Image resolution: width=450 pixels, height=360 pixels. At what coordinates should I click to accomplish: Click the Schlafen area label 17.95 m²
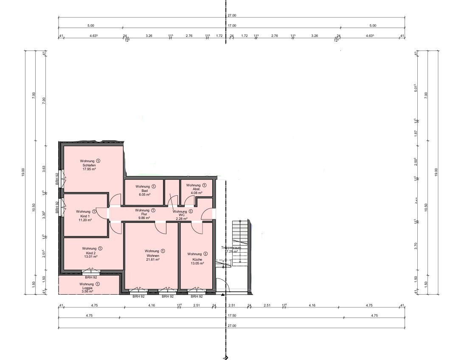(89, 169)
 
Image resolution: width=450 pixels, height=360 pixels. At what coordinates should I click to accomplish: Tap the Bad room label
(145, 191)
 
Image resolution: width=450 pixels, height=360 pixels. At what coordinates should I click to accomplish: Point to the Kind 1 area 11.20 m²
(83, 220)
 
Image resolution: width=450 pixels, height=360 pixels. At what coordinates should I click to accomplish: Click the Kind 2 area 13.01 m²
(91, 257)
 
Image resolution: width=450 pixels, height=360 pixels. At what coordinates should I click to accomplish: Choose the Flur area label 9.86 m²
(145, 218)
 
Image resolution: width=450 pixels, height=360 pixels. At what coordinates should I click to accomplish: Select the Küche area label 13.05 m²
(197, 263)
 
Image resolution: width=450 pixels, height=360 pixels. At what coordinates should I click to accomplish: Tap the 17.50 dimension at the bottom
(231, 315)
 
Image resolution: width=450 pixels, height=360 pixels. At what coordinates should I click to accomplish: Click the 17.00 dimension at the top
(231, 25)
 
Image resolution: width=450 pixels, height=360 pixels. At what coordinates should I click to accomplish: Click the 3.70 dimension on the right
(416, 245)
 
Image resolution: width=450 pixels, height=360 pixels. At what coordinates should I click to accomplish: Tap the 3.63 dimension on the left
(44, 169)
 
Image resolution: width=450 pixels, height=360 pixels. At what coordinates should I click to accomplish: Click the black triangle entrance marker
(222, 294)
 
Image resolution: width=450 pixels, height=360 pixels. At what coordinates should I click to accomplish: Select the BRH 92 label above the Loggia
(91, 277)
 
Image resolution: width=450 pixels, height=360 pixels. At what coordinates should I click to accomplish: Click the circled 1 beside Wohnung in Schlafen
(98, 161)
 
